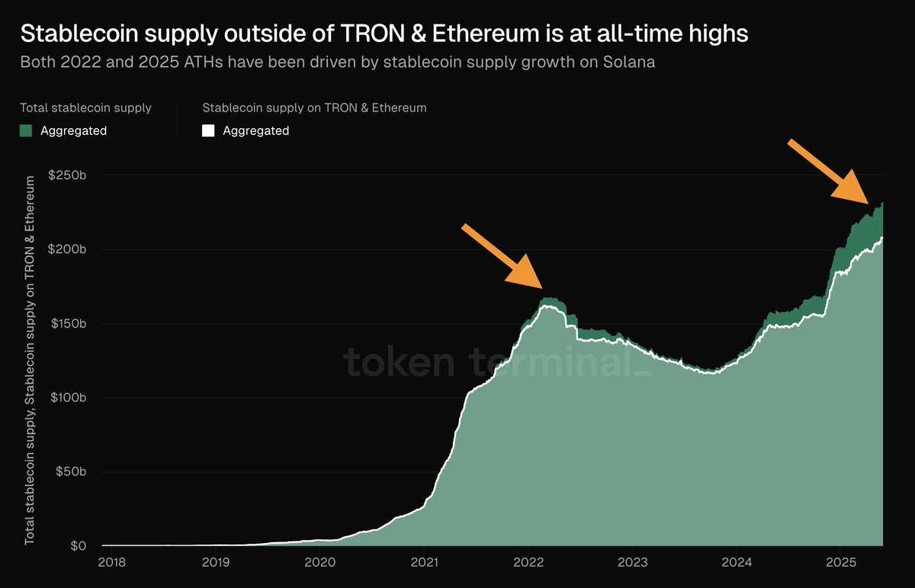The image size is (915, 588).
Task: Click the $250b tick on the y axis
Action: click(69, 175)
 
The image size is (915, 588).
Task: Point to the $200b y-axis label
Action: click(69, 249)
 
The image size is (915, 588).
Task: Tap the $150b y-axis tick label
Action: click(69, 323)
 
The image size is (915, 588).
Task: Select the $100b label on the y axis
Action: click(69, 398)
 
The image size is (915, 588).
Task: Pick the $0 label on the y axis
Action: click(79, 546)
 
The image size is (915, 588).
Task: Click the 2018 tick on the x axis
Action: click(111, 563)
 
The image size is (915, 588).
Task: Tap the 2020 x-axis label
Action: click(319, 563)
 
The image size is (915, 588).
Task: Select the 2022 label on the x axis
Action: click(528, 563)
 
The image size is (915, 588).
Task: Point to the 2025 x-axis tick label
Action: click(840, 563)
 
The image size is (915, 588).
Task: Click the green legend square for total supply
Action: click(26, 130)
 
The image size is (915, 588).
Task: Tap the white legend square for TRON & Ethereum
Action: click(208, 130)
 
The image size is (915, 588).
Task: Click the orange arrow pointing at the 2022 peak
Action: click(503, 255)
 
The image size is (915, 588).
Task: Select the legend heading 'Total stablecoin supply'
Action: click(85, 108)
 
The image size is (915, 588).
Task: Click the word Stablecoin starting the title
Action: click(66, 34)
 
